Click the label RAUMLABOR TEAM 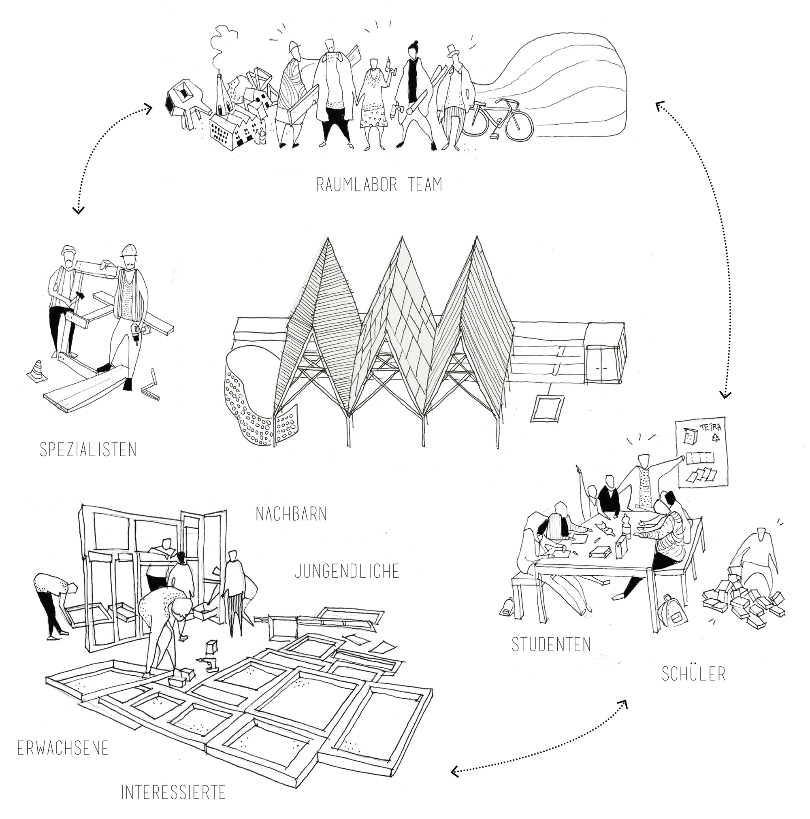tap(379, 185)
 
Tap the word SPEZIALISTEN tap(88, 450)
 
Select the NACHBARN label tap(291, 514)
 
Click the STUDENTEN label tap(551, 645)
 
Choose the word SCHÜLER tap(693, 674)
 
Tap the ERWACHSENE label tap(63, 748)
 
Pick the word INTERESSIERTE tap(173, 792)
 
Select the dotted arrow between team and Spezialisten tap(102, 148)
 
